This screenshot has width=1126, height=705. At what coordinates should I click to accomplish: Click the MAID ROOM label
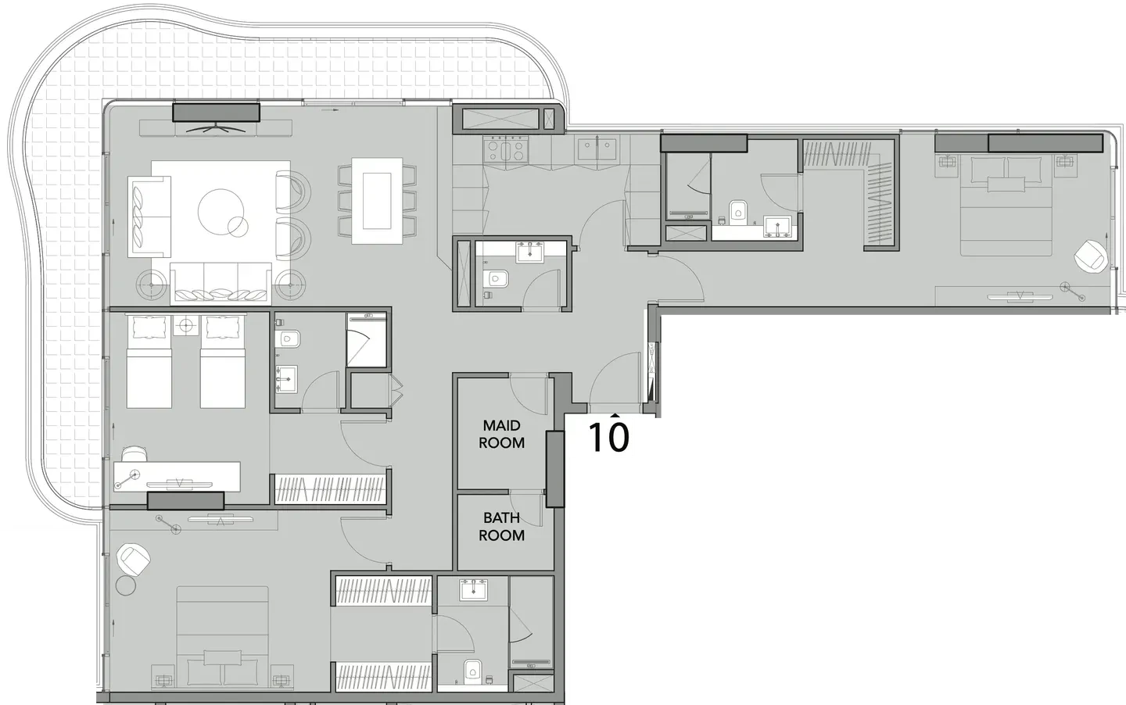point(501,434)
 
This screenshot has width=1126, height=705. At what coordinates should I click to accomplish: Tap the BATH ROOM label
point(501,527)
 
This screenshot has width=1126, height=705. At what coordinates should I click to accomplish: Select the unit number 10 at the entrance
point(608,436)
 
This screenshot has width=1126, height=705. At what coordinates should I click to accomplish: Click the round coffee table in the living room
point(221,211)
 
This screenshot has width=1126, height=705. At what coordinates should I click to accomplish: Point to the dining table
point(377,201)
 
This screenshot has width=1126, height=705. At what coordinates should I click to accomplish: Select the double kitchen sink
point(597,149)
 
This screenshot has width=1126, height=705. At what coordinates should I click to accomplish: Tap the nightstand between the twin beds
point(186,326)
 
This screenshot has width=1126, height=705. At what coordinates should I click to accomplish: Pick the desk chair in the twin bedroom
point(134,453)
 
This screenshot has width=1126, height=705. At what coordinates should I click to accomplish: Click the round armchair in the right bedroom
point(1091,256)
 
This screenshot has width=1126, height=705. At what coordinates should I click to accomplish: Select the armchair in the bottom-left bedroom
point(134,560)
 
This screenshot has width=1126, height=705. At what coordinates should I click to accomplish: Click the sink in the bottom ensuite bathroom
point(473,589)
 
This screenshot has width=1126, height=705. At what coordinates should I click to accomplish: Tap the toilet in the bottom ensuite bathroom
point(473,671)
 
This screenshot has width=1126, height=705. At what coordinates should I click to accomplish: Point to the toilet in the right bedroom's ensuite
point(738,210)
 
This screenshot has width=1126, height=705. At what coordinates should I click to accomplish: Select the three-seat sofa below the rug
point(221,284)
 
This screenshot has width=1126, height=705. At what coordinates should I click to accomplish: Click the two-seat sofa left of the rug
point(149,217)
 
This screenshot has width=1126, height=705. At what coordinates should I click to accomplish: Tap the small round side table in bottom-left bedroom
point(126,585)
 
